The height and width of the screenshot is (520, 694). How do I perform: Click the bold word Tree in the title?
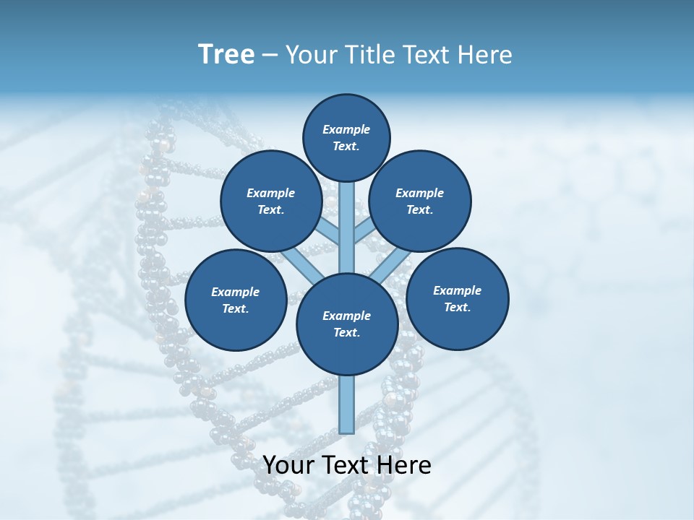point(226,55)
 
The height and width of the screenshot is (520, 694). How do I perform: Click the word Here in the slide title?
point(485,55)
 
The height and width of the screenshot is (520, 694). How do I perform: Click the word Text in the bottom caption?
point(348,465)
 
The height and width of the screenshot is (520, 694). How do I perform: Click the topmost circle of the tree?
point(346,137)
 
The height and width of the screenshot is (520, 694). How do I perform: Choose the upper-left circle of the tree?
point(271,201)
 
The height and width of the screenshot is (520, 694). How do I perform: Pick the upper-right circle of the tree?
point(420,201)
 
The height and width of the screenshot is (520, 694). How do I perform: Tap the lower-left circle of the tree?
point(236,300)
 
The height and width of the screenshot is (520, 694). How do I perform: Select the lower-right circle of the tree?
point(458,298)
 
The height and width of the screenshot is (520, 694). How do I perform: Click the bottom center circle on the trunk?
point(347,324)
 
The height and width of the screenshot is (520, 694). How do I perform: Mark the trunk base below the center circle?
point(347,404)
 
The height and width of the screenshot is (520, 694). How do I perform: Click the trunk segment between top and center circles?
point(347,227)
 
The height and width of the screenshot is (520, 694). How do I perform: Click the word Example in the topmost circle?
point(346,129)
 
